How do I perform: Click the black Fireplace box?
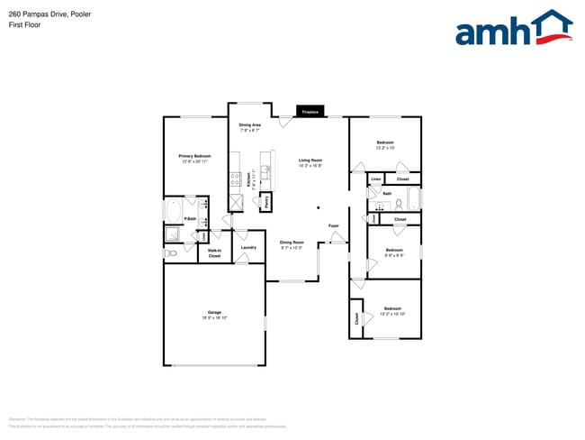pos(310,112)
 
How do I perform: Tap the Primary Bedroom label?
pos(195,156)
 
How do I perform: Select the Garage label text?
pos(214,313)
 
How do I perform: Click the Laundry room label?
pos(249,247)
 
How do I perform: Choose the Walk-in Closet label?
pos(214,253)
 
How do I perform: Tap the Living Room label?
pos(310,160)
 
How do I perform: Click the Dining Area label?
pos(249,125)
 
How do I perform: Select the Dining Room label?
pos(292,242)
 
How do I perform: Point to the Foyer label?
pos(333,225)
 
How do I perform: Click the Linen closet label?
pos(375,179)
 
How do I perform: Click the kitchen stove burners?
pos(235,179)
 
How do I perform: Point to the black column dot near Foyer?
pos(318,207)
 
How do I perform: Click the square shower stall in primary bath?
pos(173,235)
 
